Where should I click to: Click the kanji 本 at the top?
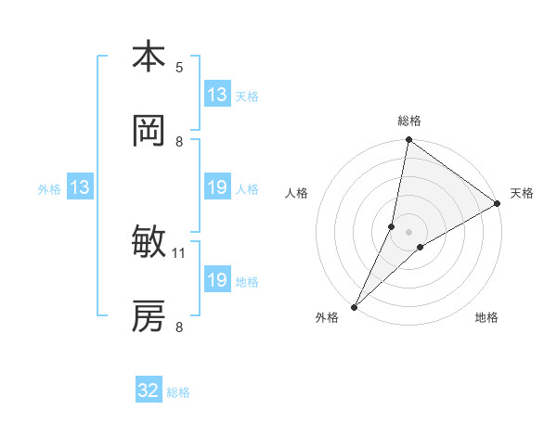pos(149,57)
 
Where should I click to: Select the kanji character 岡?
pos(149,132)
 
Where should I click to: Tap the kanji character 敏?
pos(149,243)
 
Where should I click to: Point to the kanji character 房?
pos(149,317)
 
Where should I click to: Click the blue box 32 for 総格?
pos(149,391)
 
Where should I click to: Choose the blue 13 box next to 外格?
pos(80,188)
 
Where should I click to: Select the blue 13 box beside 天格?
pos(217,95)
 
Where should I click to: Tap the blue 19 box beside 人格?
pos(217,188)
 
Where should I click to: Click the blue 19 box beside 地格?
pos(217,280)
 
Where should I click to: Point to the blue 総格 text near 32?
pos(178,392)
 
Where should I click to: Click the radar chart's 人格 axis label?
pos(297,193)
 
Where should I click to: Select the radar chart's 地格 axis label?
pos(486,318)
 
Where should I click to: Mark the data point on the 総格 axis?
pos(408,141)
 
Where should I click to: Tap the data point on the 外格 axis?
pos(355,306)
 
